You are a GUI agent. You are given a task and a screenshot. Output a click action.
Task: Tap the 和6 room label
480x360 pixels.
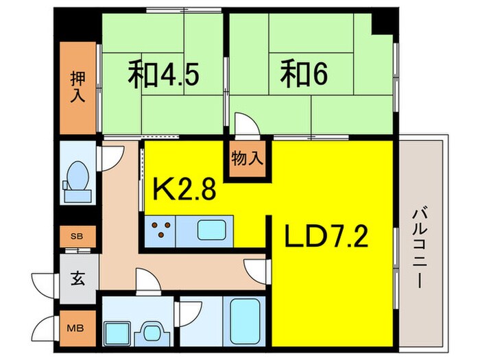point(300,75)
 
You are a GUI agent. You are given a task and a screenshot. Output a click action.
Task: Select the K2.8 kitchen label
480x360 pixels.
point(184,188)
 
